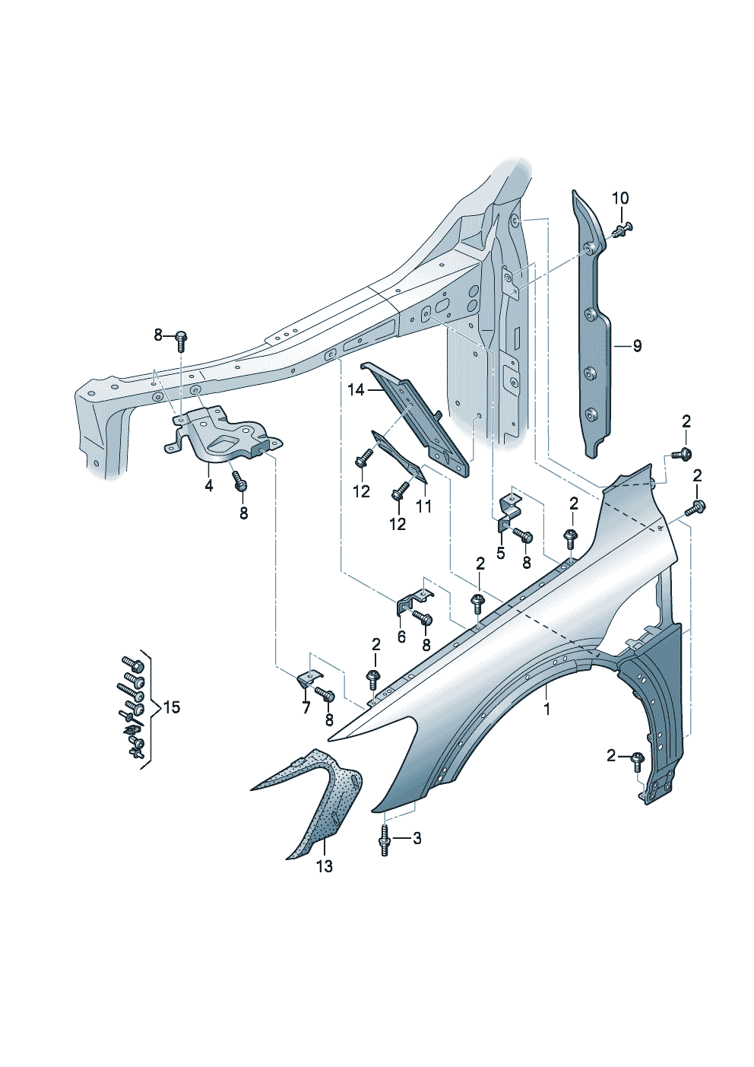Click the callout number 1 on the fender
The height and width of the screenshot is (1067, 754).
click(x=546, y=709)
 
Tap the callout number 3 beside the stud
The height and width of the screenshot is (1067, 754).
click(x=417, y=838)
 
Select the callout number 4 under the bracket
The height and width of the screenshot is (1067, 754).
click(x=209, y=485)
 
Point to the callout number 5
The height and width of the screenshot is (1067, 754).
click(x=500, y=553)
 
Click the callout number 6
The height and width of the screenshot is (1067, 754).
click(x=401, y=637)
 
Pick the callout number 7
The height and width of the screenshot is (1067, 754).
click(x=306, y=708)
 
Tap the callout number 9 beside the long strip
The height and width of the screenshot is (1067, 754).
click(x=637, y=346)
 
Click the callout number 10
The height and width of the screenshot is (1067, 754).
click(x=620, y=198)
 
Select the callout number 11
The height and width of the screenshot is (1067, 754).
click(x=423, y=506)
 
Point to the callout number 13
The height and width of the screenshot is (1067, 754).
click(x=325, y=865)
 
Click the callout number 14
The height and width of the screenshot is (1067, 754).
click(x=356, y=390)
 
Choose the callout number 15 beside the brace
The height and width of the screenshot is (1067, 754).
click(x=172, y=707)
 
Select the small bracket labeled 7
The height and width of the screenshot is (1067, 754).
click(x=307, y=678)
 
